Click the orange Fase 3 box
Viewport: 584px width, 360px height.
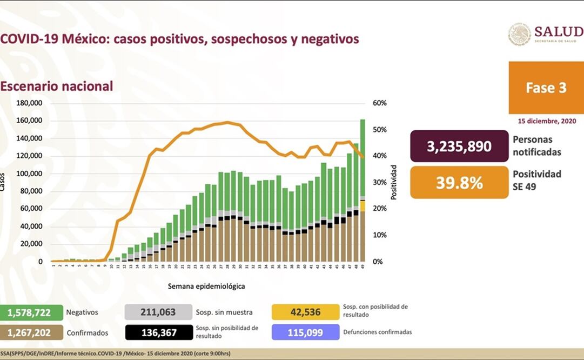click(x=546, y=88)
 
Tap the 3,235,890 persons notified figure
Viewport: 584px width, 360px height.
click(x=459, y=146)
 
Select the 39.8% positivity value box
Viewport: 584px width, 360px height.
click(x=459, y=182)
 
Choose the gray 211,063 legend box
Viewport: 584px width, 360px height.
click(x=158, y=312)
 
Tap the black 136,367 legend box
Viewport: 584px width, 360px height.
click(x=158, y=332)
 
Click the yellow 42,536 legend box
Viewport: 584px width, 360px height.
click(x=305, y=312)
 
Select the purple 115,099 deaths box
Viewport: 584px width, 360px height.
click(x=305, y=332)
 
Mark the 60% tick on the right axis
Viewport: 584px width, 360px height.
click(x=379, y=103)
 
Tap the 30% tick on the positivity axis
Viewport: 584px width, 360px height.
click(x=379, y=182)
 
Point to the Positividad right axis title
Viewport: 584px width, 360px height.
click(x=394, y=182)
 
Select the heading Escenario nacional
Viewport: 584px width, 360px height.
click(x=57, y=86)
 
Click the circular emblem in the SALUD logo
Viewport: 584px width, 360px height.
click(x=519, y=34)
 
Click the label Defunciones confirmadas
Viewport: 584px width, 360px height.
click(x=377, y=332)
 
